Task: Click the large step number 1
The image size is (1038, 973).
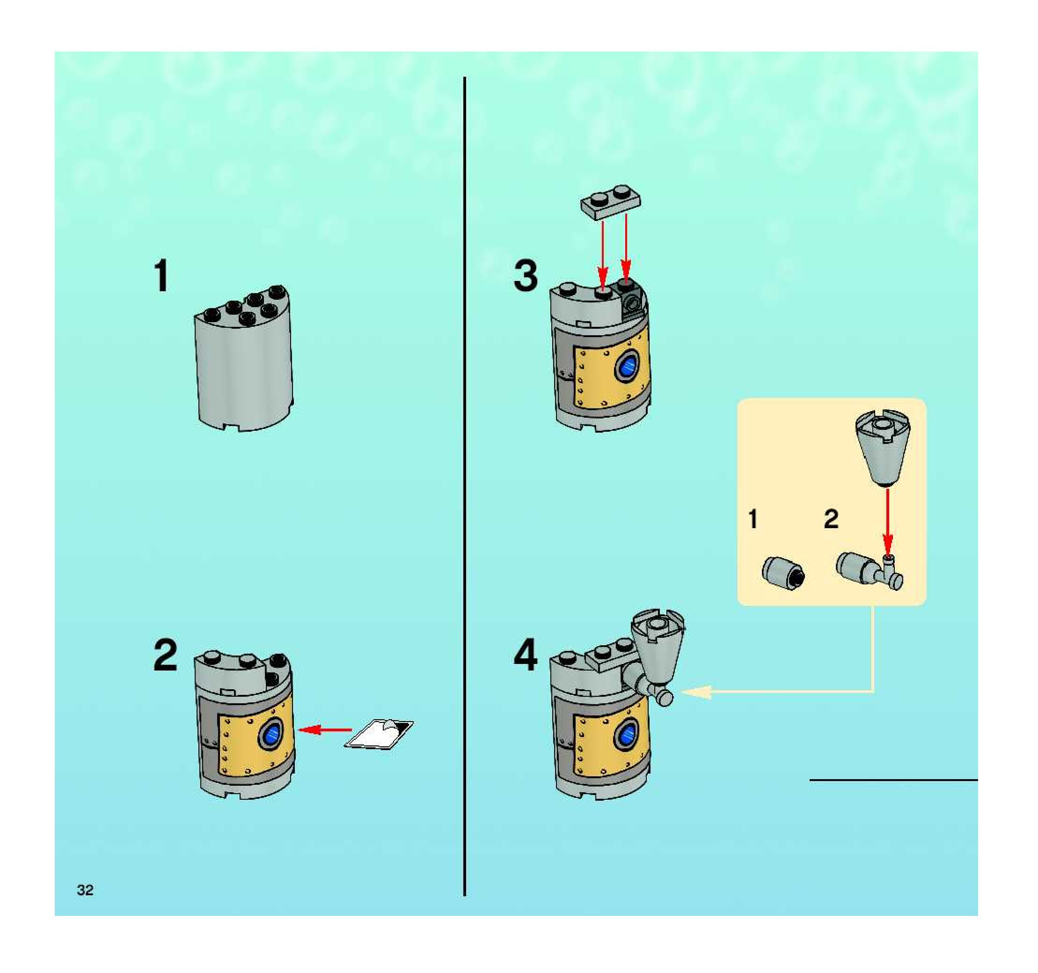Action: [162, 276]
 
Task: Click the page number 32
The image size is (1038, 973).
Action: [85, 890]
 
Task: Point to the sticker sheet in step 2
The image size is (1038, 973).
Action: [379, 734]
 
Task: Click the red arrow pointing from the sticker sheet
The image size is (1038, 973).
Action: [324, 730]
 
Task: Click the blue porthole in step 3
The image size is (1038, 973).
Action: [628, 367]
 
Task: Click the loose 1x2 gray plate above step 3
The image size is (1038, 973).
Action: [611, 200]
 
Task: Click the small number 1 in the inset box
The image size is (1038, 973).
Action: [753, 519]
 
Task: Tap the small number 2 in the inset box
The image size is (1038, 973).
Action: [831, 519]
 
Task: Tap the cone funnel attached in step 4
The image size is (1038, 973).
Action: [658, 648]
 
